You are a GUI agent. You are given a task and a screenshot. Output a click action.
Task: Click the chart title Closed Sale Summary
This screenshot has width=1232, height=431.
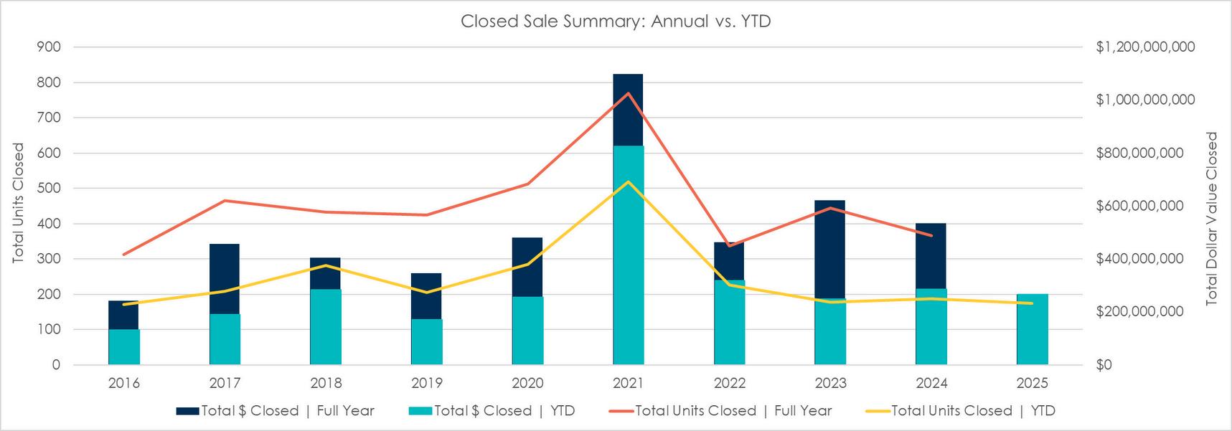point(616,22)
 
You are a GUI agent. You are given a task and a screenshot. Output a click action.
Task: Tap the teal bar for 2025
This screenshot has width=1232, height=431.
point(1033,329)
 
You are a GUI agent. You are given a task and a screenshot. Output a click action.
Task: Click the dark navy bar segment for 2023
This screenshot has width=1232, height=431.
point(830,249)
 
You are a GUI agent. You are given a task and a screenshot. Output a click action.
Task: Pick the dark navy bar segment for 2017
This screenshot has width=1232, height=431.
point(225,278)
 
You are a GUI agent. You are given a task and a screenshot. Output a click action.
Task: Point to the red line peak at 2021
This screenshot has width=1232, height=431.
point(629,93)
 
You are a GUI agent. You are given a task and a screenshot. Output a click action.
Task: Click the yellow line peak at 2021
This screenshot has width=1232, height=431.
point(629,181)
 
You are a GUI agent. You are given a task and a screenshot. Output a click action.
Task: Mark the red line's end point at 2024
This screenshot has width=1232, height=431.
point(931,235)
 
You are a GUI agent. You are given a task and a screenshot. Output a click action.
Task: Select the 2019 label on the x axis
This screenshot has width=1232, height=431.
point(427,383)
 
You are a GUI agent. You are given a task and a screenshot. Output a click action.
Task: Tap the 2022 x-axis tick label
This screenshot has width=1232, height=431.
point(730,383)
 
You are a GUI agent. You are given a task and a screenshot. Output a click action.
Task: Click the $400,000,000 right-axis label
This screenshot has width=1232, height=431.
point(1139,259)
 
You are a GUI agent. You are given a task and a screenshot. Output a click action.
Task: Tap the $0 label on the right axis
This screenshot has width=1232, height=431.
point(1104,365)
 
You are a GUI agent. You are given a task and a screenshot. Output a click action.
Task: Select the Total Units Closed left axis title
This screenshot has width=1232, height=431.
point(18,203)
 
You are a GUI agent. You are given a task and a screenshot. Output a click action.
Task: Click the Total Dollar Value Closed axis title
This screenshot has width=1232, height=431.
point(1213,219)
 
